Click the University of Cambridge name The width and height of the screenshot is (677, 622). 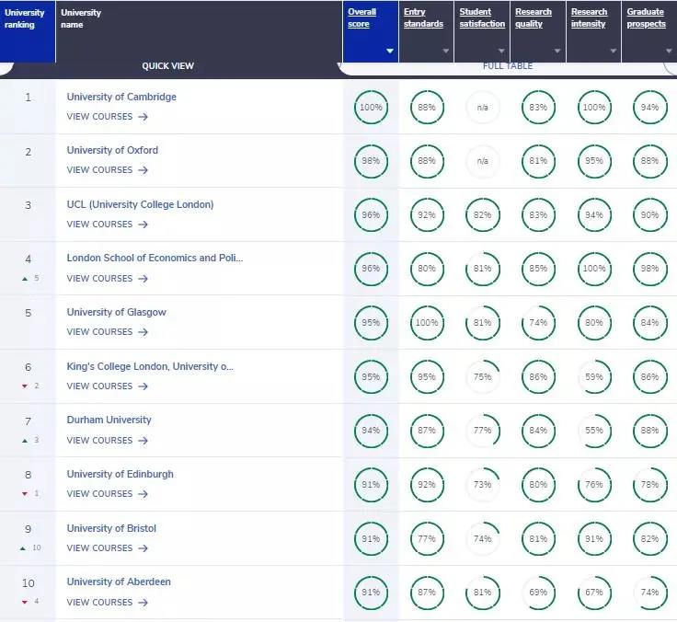pos(121,97)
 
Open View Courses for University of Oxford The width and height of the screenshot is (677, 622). pos(107,170)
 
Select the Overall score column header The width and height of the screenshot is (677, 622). pos(362,18)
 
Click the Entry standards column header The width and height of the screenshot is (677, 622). pos(423,18)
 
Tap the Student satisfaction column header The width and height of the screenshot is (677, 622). pos(482,18)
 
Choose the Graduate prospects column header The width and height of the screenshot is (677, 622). pos(646,18)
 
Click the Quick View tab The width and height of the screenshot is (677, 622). pos(167,66)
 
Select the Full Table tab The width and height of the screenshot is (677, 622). pos(508,66)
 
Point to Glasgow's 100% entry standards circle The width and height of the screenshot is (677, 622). pos(427,323)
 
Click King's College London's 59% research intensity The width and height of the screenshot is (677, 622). pos(594,376)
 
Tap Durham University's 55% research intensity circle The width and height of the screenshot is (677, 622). pos(594,431)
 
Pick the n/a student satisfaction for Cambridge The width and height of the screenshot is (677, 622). pos(482,108)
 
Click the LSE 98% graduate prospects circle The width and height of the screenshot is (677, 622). pos(650,269)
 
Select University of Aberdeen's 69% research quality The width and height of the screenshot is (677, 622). pos(538,593)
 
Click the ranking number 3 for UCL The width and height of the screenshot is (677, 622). pos(28,204)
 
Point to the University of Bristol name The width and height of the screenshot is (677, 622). pos(111,528)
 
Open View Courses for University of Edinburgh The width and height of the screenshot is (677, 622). pos(107,494)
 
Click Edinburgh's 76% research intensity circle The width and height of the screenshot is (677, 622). pos(594,485)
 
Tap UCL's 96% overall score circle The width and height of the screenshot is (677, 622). pos(371,215)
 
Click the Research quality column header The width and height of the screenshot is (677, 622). pos(534,18)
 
